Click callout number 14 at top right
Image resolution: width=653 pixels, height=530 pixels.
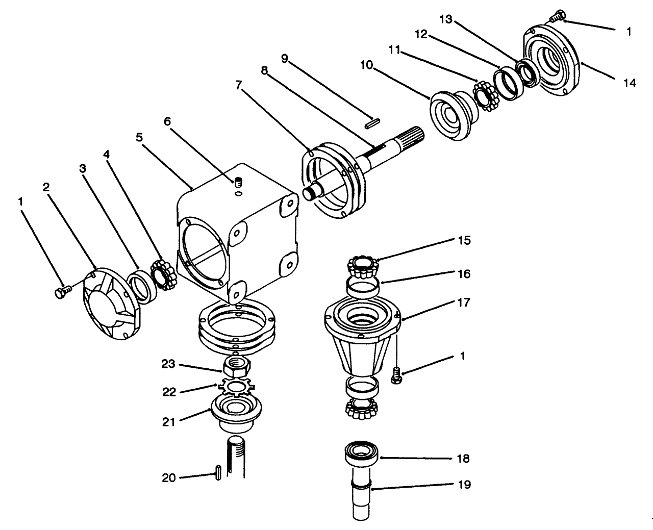click(x=630, y=82)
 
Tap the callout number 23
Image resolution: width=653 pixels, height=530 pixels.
click(x=168, y=364)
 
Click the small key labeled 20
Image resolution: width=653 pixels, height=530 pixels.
click(x=219, y=472)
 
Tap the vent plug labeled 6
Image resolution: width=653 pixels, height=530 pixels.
click(x=238, y=182)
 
